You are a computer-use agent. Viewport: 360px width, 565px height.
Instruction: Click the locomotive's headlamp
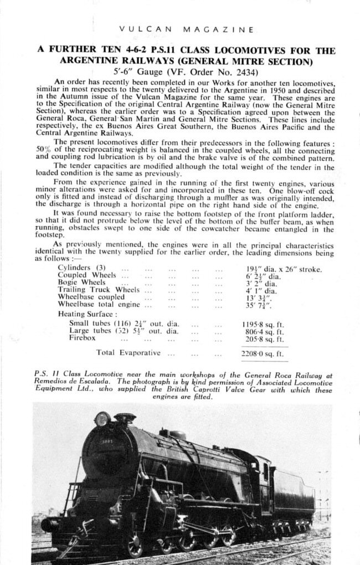[102, 419]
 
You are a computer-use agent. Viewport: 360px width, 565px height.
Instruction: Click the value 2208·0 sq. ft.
[263, 353]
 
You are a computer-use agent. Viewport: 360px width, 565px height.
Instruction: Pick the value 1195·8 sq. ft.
[263, 324]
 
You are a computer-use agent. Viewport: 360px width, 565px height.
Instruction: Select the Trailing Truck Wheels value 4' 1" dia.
[262, 290]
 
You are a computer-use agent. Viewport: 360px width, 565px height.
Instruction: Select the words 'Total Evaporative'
[128, 352]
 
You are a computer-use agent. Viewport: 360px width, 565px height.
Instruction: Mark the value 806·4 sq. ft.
[263, 331]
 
